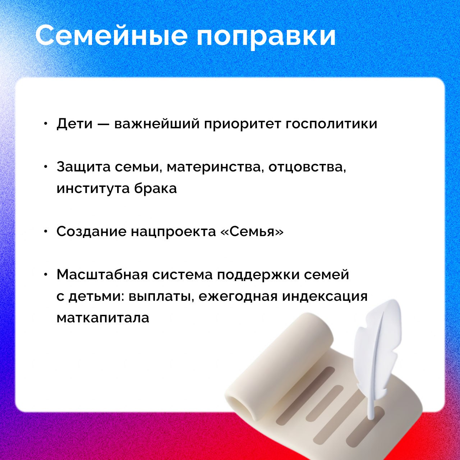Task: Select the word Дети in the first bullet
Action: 74,124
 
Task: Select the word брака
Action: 155,188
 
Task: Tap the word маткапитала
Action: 103,318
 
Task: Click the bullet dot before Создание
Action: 46,231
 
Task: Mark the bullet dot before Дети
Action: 46,124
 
